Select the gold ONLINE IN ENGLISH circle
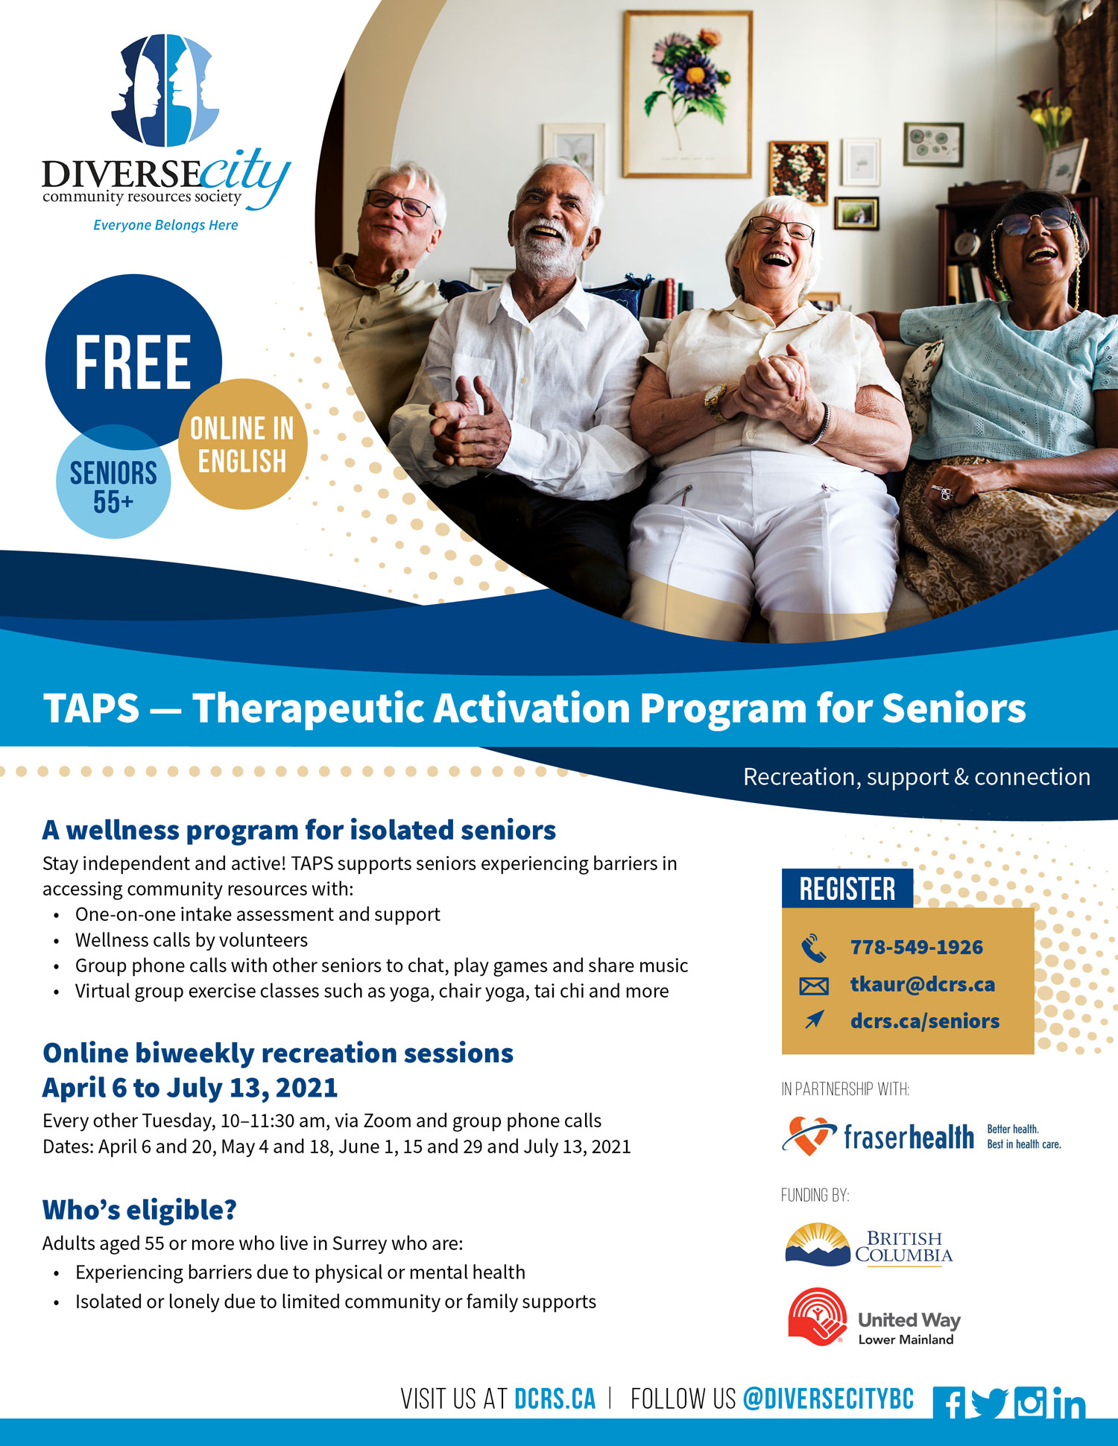coord(243,444)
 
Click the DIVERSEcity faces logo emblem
coord(165,89)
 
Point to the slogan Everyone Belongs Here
coord(165,225)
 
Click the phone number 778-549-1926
coord(917,947)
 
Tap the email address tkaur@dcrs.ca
coord(923,984)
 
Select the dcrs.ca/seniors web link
coord(925,1021)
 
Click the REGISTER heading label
coord(847,889)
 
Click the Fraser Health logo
coord(921,1136)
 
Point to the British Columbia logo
coord(869,1245)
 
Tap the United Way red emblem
coord(818,1317)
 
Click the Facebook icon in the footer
coord(949,1402)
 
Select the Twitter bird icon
coord(990,1403)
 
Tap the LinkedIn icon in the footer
coord(1070,1403)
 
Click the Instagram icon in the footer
coord(1030,1402)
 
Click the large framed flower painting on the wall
coord(687,94)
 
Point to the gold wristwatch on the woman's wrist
coord(716,401)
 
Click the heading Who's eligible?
coord(139,1210)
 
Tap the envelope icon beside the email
coord(813,986)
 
